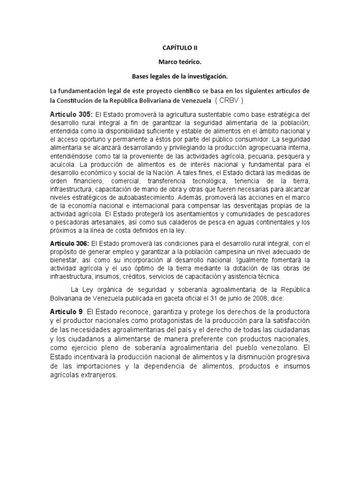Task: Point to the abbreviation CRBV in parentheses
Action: coord(229,100)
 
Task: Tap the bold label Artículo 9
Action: coord(66,312)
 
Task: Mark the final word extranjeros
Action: coord(97,375)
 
